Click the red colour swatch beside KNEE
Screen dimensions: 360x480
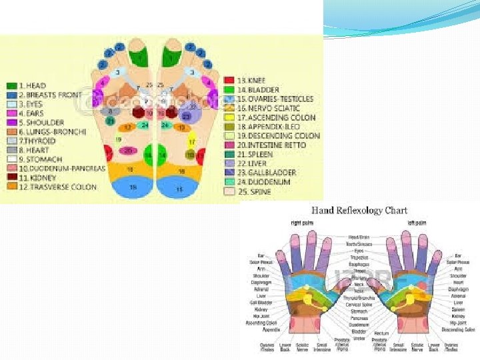pos(229,80)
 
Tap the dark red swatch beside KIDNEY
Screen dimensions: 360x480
pos(12,178)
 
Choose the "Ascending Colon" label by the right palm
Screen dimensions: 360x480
pos(261,323)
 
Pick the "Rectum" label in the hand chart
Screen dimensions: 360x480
pos(381,333)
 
